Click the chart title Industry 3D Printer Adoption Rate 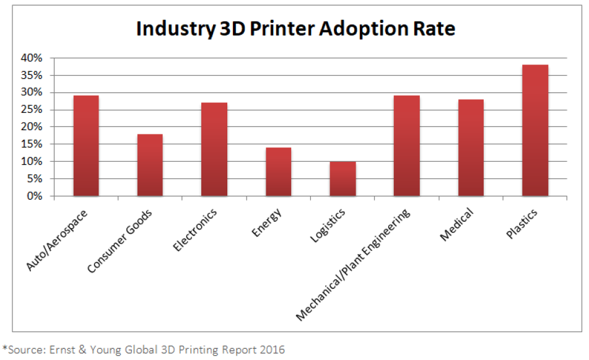(296, 29)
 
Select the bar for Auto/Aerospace (86, 146)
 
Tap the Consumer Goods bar (150, 165)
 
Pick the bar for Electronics (214, 149)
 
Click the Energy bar (278, 172)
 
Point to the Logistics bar (342, 179)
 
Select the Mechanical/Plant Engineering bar (406, 146)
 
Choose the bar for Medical (471, 148)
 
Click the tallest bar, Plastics (534, 131)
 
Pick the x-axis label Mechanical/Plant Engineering (354, 265)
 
